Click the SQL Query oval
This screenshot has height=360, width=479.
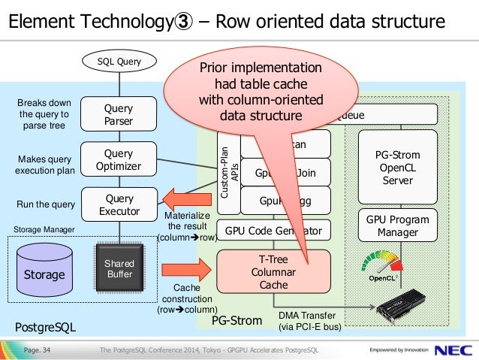click(x=118, y=61)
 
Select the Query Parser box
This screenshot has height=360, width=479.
click(x=119, y=114)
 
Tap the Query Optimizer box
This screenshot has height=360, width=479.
click(x=119, y=159)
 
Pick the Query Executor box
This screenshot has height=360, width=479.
click(x=119, y=204)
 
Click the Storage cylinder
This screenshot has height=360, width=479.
click(x=44, y=270)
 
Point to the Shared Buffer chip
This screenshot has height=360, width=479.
click(x=119, y=268)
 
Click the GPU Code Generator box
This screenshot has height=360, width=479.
click(x=273, y=230)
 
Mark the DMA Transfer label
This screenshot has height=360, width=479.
click(x=309, y=321)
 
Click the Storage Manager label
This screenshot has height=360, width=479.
click(x=44, y=228)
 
